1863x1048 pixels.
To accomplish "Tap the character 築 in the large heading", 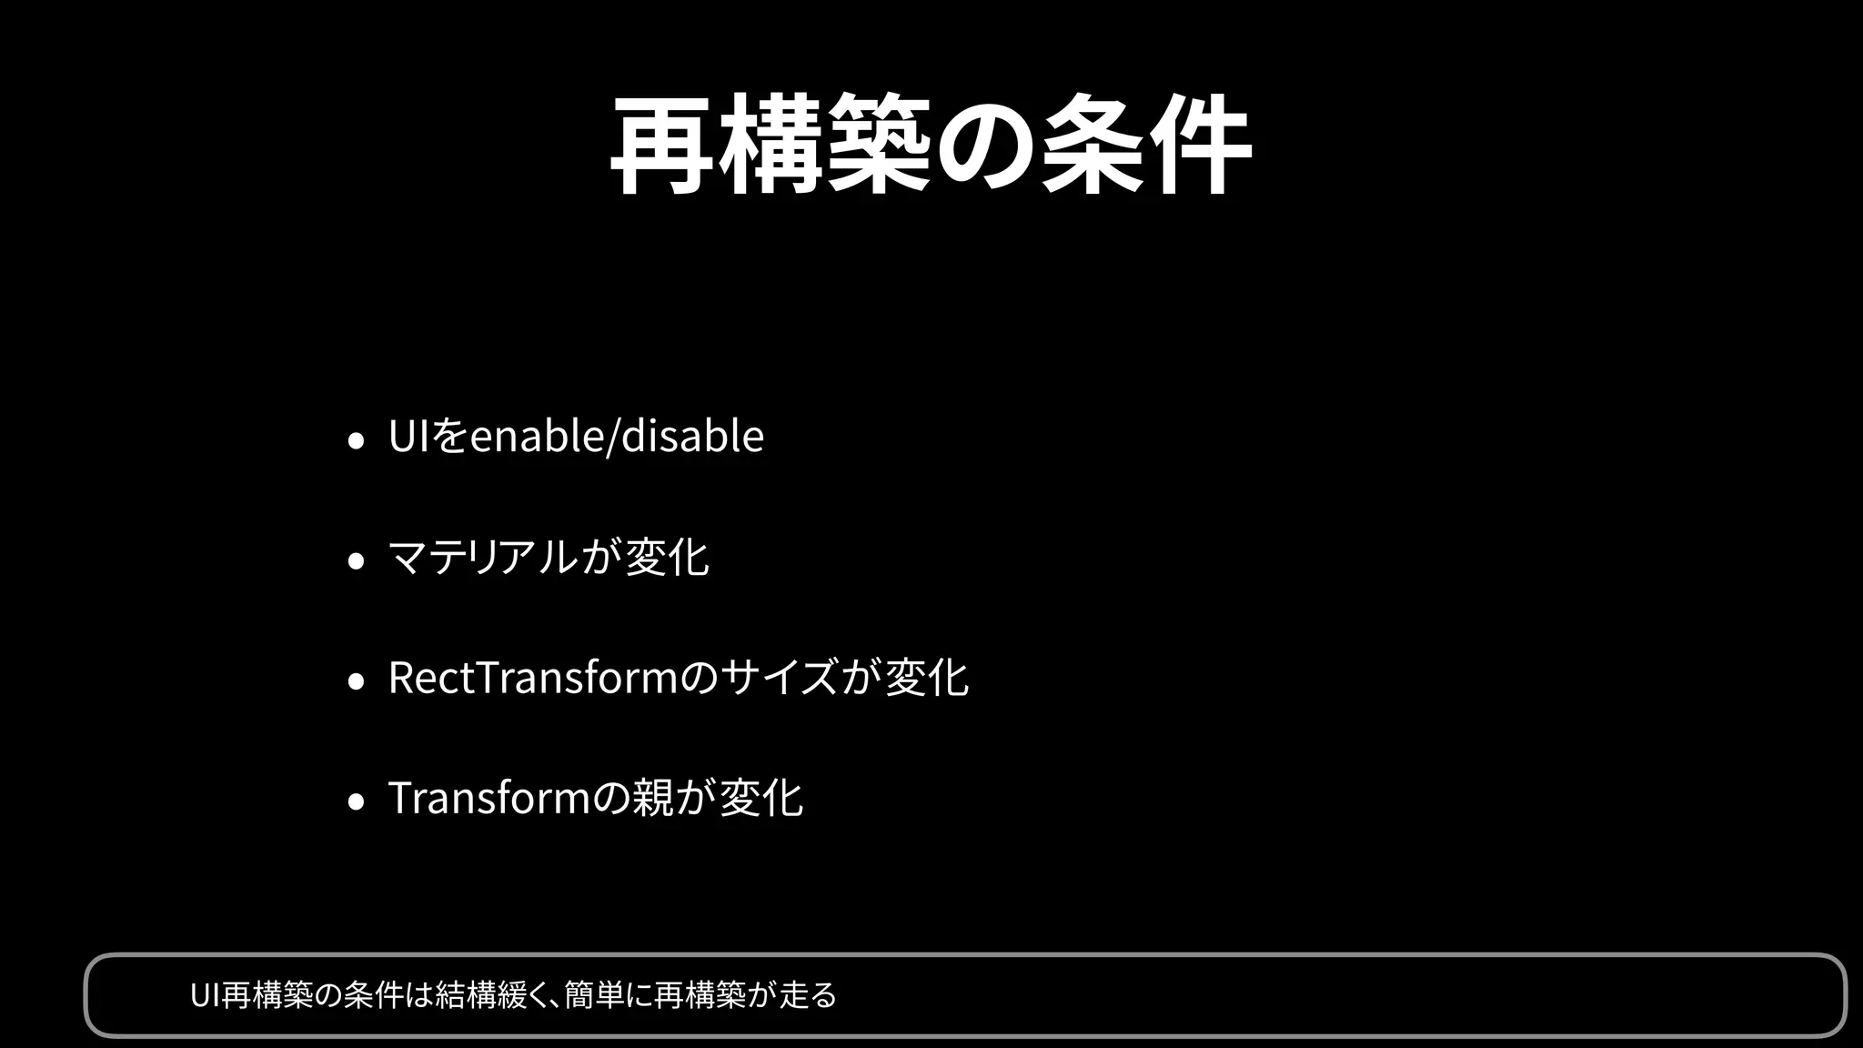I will (x=879, y=146).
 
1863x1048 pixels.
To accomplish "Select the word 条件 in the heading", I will (x=1146, y=146).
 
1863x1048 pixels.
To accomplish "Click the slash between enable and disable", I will (x=612, y=437).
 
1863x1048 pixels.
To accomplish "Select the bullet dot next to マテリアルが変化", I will (x=357, y=560).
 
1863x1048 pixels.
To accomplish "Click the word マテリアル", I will (x=482, y=557).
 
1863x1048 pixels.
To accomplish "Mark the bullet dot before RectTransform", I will (x=357, y=680).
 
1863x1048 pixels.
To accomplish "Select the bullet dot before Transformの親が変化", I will (x=357, y=801).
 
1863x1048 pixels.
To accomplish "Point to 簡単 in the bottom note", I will (x=593, y=995).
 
